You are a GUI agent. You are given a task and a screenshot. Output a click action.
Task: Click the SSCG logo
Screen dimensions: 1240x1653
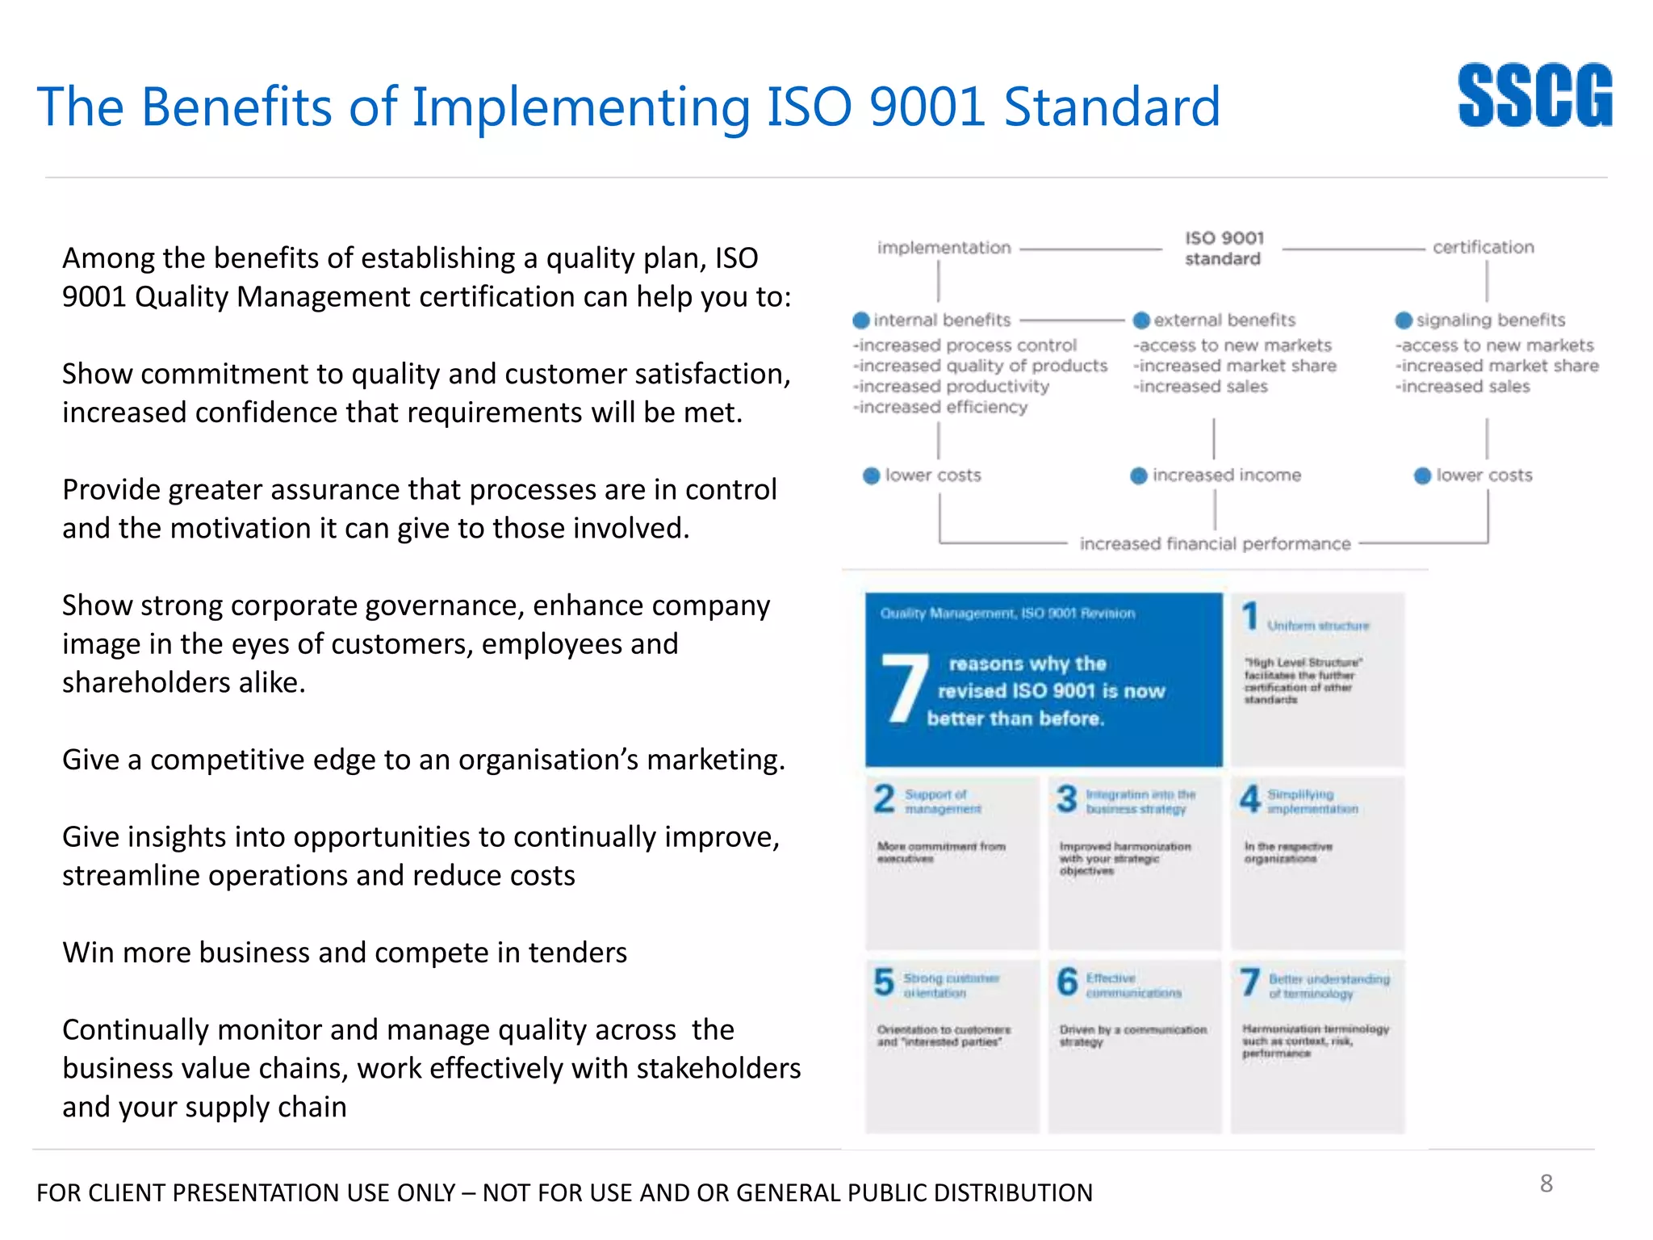pos(1534,96)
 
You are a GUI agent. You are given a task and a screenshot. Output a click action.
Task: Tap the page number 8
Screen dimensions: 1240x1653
pos(1546,1183)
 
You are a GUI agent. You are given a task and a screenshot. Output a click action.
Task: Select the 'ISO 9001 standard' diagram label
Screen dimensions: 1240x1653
pos(1224,249)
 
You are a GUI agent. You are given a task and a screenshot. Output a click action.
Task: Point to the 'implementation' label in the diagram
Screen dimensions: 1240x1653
pos(944,248)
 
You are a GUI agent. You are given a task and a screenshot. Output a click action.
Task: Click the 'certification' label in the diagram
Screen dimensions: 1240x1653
pos(1483,248)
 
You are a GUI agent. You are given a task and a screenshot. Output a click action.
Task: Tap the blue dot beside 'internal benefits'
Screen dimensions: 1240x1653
pos(861,320)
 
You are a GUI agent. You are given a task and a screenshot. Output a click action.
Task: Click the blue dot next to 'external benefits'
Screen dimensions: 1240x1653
pos(1141,320)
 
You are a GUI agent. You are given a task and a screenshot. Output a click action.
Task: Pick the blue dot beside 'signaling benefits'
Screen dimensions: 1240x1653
pos(1404,320)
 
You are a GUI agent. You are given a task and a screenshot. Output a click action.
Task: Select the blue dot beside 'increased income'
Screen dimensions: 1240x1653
pos(1139,475)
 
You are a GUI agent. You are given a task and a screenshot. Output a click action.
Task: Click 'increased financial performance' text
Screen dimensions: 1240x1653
pos(1215,544)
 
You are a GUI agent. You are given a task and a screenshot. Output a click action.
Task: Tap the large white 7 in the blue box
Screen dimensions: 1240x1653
pos(904,689)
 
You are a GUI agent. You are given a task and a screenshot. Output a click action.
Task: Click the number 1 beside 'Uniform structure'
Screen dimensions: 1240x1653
pos(1250,616)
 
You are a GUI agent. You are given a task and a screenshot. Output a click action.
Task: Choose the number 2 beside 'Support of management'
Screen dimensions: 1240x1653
pos(885,799)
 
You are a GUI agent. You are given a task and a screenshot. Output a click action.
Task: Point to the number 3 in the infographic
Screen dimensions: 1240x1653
pos(1067,799)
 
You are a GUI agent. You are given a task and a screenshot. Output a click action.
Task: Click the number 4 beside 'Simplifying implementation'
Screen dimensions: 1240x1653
pos(1250,799)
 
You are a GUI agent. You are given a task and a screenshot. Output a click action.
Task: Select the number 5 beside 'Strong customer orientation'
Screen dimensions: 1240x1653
pos(885,982)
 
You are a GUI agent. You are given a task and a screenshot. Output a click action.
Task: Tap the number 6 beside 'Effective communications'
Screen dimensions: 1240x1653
pos(1067,982)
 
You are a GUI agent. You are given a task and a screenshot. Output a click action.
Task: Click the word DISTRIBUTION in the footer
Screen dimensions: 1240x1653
pos(1013,1192)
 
